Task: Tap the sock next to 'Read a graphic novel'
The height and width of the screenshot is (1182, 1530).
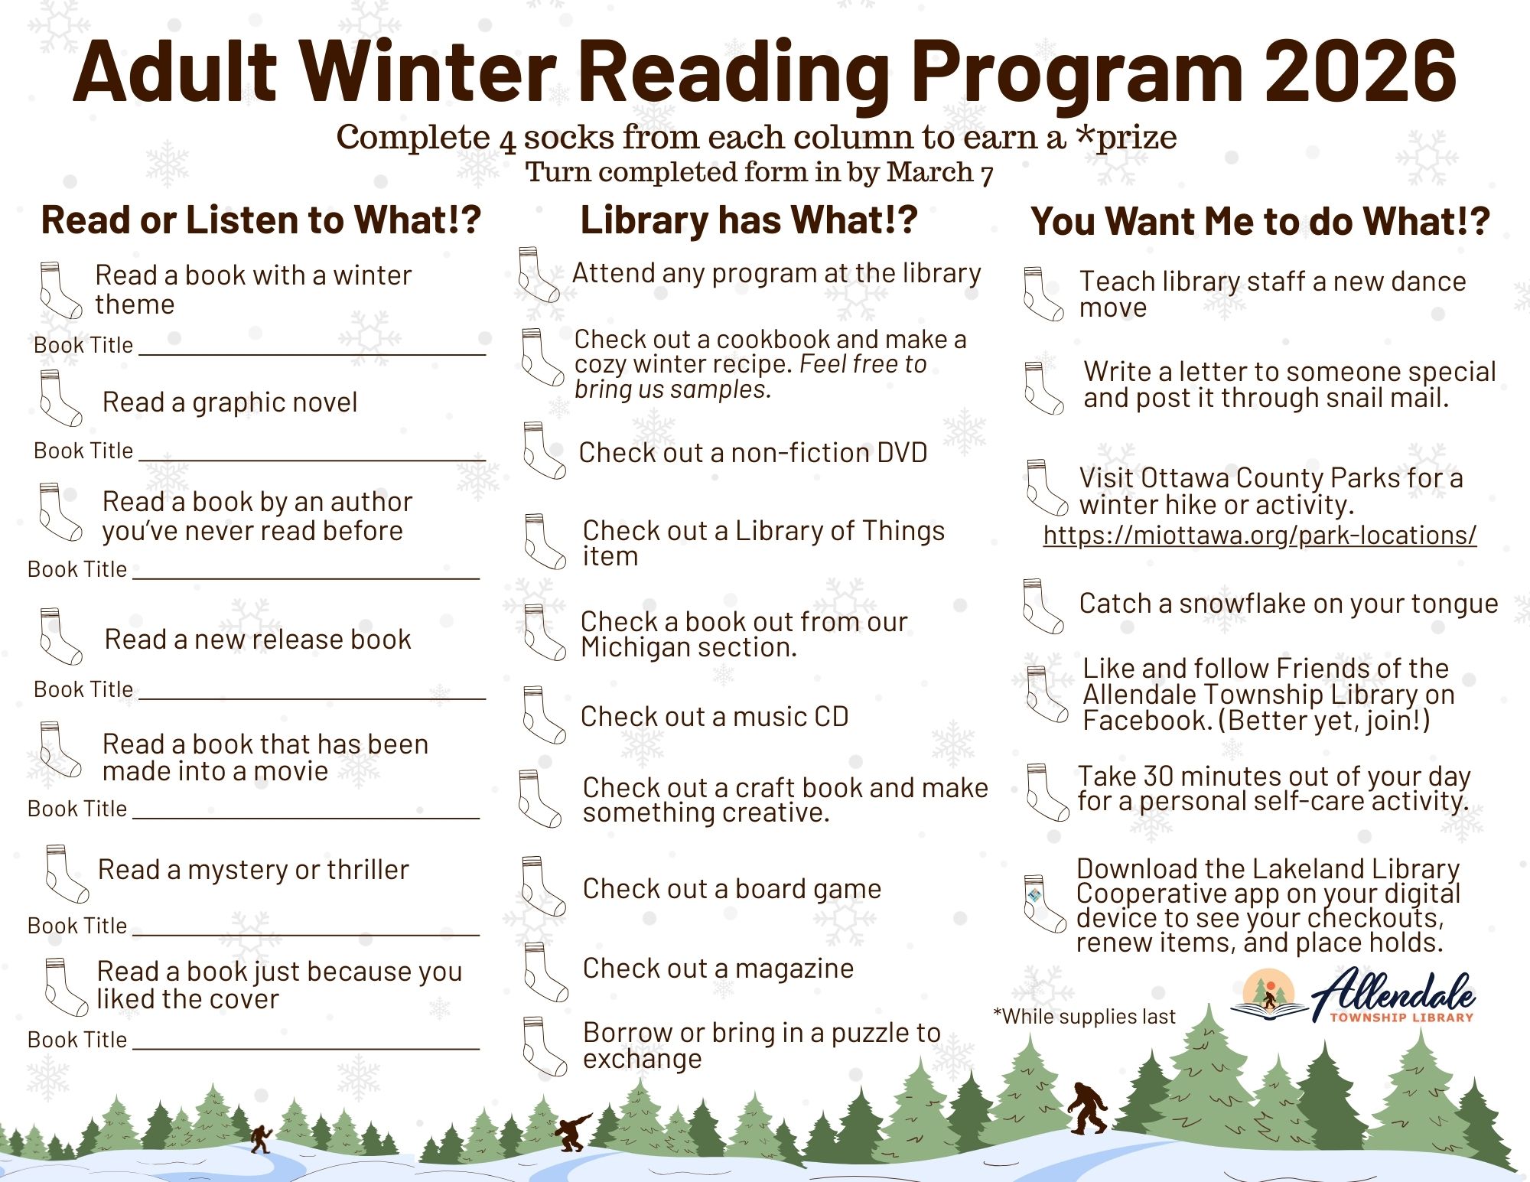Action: (x=60, y=398)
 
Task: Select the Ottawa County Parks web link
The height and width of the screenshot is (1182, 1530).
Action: (x=1259, y=536)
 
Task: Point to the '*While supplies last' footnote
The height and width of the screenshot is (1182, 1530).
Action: (x=1083, y=1017)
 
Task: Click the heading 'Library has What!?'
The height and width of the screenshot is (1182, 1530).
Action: (x=748, y=220)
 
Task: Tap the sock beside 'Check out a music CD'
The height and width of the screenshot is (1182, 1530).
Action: (x=542, y=715)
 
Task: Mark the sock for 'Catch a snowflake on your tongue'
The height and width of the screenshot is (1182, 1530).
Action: (x=1042, y=606)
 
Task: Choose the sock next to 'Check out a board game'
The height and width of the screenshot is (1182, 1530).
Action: (x=542, y=887)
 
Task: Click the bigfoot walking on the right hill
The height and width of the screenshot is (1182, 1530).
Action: (x=1087, y=1108)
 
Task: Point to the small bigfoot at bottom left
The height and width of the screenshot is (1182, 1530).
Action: (x=261, y=1138)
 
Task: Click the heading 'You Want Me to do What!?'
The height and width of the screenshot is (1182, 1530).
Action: (x=1259, y=222)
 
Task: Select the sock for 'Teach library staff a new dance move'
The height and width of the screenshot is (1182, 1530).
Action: (x=1042, y=294)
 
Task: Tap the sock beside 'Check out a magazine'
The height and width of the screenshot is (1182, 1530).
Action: (x=545, y=972)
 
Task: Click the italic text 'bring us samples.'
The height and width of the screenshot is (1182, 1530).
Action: (x=672, y=389)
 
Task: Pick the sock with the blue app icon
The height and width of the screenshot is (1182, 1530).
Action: (x=1043, y=903)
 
